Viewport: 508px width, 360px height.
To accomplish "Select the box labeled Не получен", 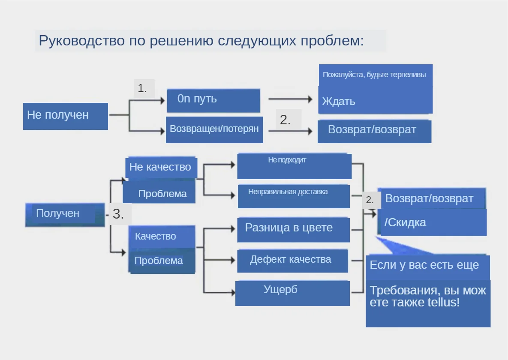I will point(65,116).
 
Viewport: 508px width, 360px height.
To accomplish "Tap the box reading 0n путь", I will point(213,100).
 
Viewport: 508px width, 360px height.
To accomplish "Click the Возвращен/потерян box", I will point(214,129).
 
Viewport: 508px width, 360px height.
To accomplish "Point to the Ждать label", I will point(339,102).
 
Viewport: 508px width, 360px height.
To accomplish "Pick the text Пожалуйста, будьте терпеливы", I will point(374,75).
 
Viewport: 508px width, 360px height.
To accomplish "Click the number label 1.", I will point(143,89).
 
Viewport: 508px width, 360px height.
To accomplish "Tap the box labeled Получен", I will point(64,214).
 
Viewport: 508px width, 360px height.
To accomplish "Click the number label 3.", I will point(118,214).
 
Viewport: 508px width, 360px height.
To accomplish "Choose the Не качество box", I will point(161,167).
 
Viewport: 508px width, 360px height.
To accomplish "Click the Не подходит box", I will point(294,166).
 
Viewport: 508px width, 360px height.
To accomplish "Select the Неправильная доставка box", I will point(294,196).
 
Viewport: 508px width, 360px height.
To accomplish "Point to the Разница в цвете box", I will point(293,229).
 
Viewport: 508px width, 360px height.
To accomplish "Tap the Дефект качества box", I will point(292,261).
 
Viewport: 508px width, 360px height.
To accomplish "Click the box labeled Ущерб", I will point(292,293).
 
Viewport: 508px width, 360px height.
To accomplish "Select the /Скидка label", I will point(406,223).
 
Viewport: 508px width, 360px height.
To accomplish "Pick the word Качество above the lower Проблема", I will point(156,236).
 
